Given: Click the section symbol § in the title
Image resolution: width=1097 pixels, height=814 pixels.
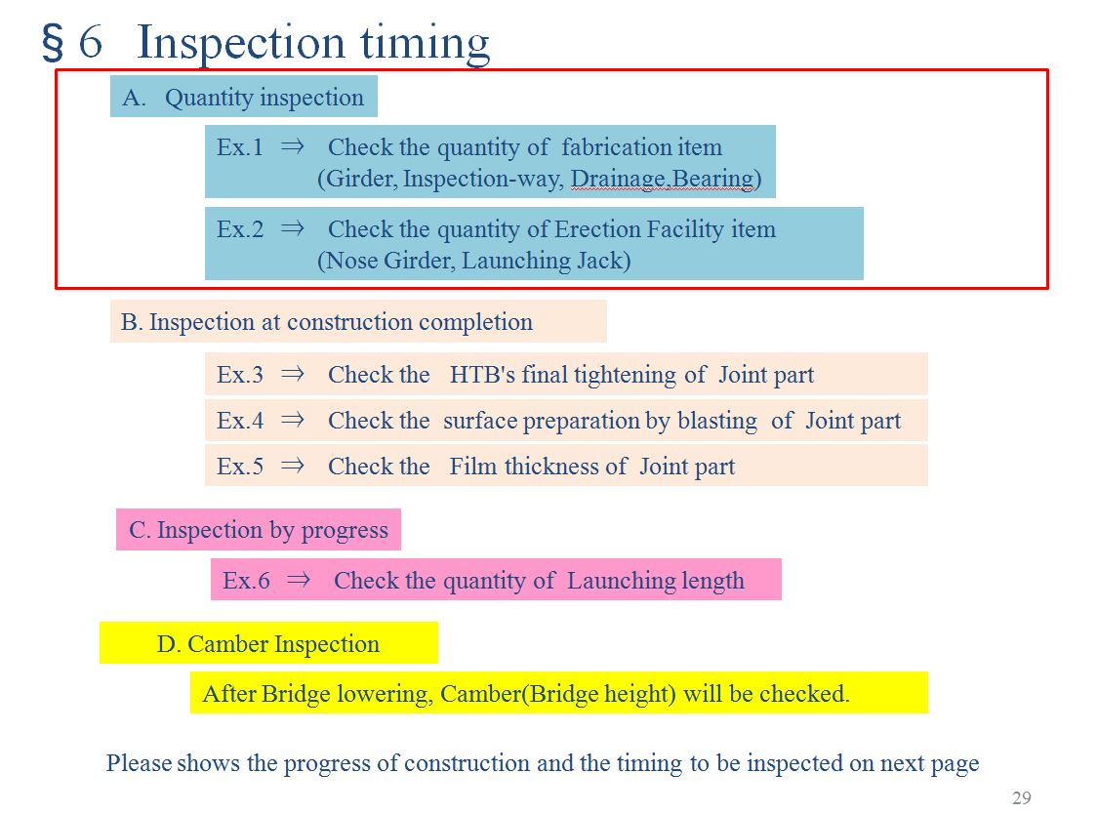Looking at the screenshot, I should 55,44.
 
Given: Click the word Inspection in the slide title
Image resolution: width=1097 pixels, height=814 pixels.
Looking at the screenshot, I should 239,43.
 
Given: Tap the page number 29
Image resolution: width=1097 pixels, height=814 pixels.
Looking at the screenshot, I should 1021,798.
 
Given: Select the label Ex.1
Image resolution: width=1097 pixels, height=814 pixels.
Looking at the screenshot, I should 240,147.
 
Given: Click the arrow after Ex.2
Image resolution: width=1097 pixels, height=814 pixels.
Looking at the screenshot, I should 293,229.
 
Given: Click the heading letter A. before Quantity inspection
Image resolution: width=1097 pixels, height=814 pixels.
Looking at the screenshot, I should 133,98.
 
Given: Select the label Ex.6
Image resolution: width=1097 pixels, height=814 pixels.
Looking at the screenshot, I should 246,581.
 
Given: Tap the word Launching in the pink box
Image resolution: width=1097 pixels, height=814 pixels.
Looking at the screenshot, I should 616,581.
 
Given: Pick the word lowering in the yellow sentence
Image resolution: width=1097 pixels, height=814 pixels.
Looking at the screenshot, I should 385,694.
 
